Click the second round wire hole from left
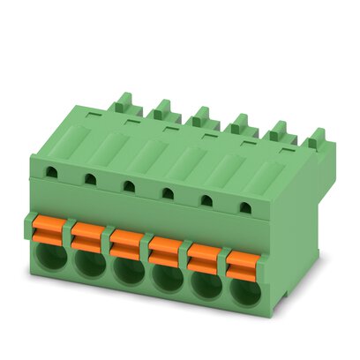90,264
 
